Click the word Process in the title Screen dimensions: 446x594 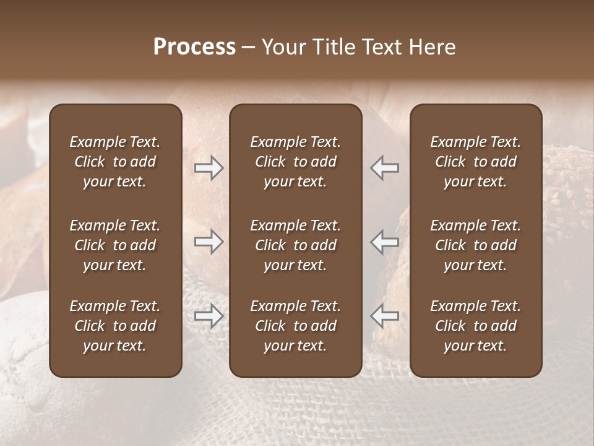pos(194,47)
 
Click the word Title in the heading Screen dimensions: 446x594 pos(333,47)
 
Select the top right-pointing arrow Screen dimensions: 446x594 pos(209,168)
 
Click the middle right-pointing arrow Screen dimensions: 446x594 pos(209,242)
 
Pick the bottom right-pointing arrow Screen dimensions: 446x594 pos(209,316)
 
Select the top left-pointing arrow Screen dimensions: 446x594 pos(384,168)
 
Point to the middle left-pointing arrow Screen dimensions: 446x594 pos(384,242)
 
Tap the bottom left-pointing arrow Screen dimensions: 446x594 pos(384,316)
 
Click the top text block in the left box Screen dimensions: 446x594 pos(115,162)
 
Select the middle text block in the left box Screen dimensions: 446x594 pos(115,245)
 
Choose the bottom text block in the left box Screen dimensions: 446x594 pos(115,326)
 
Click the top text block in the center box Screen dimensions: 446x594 pos(296,162)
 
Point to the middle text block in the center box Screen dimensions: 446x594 pos(296,245)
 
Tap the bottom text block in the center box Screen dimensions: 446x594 pos(296,326)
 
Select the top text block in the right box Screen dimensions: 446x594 pos(476,162)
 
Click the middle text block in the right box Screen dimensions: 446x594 pos(476,245)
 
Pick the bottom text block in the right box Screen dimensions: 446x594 pos(476,326)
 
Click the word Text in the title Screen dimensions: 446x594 pos(382,47)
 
